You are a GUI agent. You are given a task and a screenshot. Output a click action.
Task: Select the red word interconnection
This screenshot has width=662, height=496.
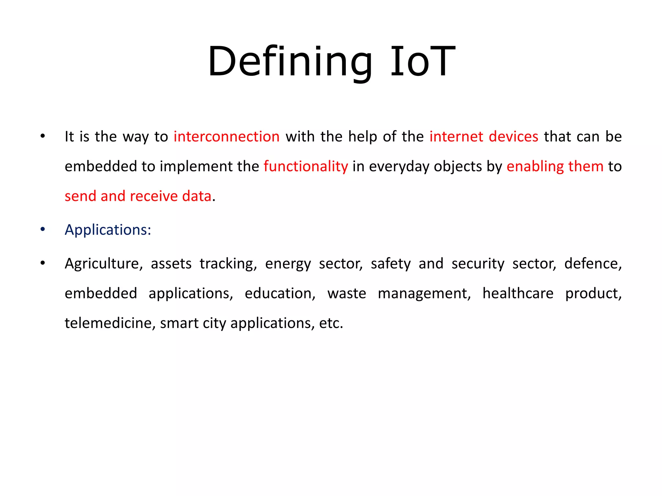226,137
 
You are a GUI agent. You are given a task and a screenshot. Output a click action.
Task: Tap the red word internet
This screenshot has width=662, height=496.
456,137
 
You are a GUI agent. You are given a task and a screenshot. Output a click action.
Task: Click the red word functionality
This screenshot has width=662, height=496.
306,166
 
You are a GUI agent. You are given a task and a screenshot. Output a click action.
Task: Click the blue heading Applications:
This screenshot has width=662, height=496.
108,230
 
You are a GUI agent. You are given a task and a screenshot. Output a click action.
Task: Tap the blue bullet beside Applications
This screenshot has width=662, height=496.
43,230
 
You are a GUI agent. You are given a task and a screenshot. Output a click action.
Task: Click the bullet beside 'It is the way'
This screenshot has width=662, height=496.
43,136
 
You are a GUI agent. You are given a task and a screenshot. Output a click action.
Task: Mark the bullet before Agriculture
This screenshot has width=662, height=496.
43,263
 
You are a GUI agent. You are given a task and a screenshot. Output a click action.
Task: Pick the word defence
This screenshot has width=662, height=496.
593,264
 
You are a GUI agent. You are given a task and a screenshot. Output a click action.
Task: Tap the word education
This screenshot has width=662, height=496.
280,294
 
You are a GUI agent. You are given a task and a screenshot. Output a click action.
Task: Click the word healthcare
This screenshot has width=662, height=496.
518,294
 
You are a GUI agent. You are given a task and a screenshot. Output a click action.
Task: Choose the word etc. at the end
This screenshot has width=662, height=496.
331,323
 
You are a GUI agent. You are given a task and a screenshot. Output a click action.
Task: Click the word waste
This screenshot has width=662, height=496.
347,294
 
